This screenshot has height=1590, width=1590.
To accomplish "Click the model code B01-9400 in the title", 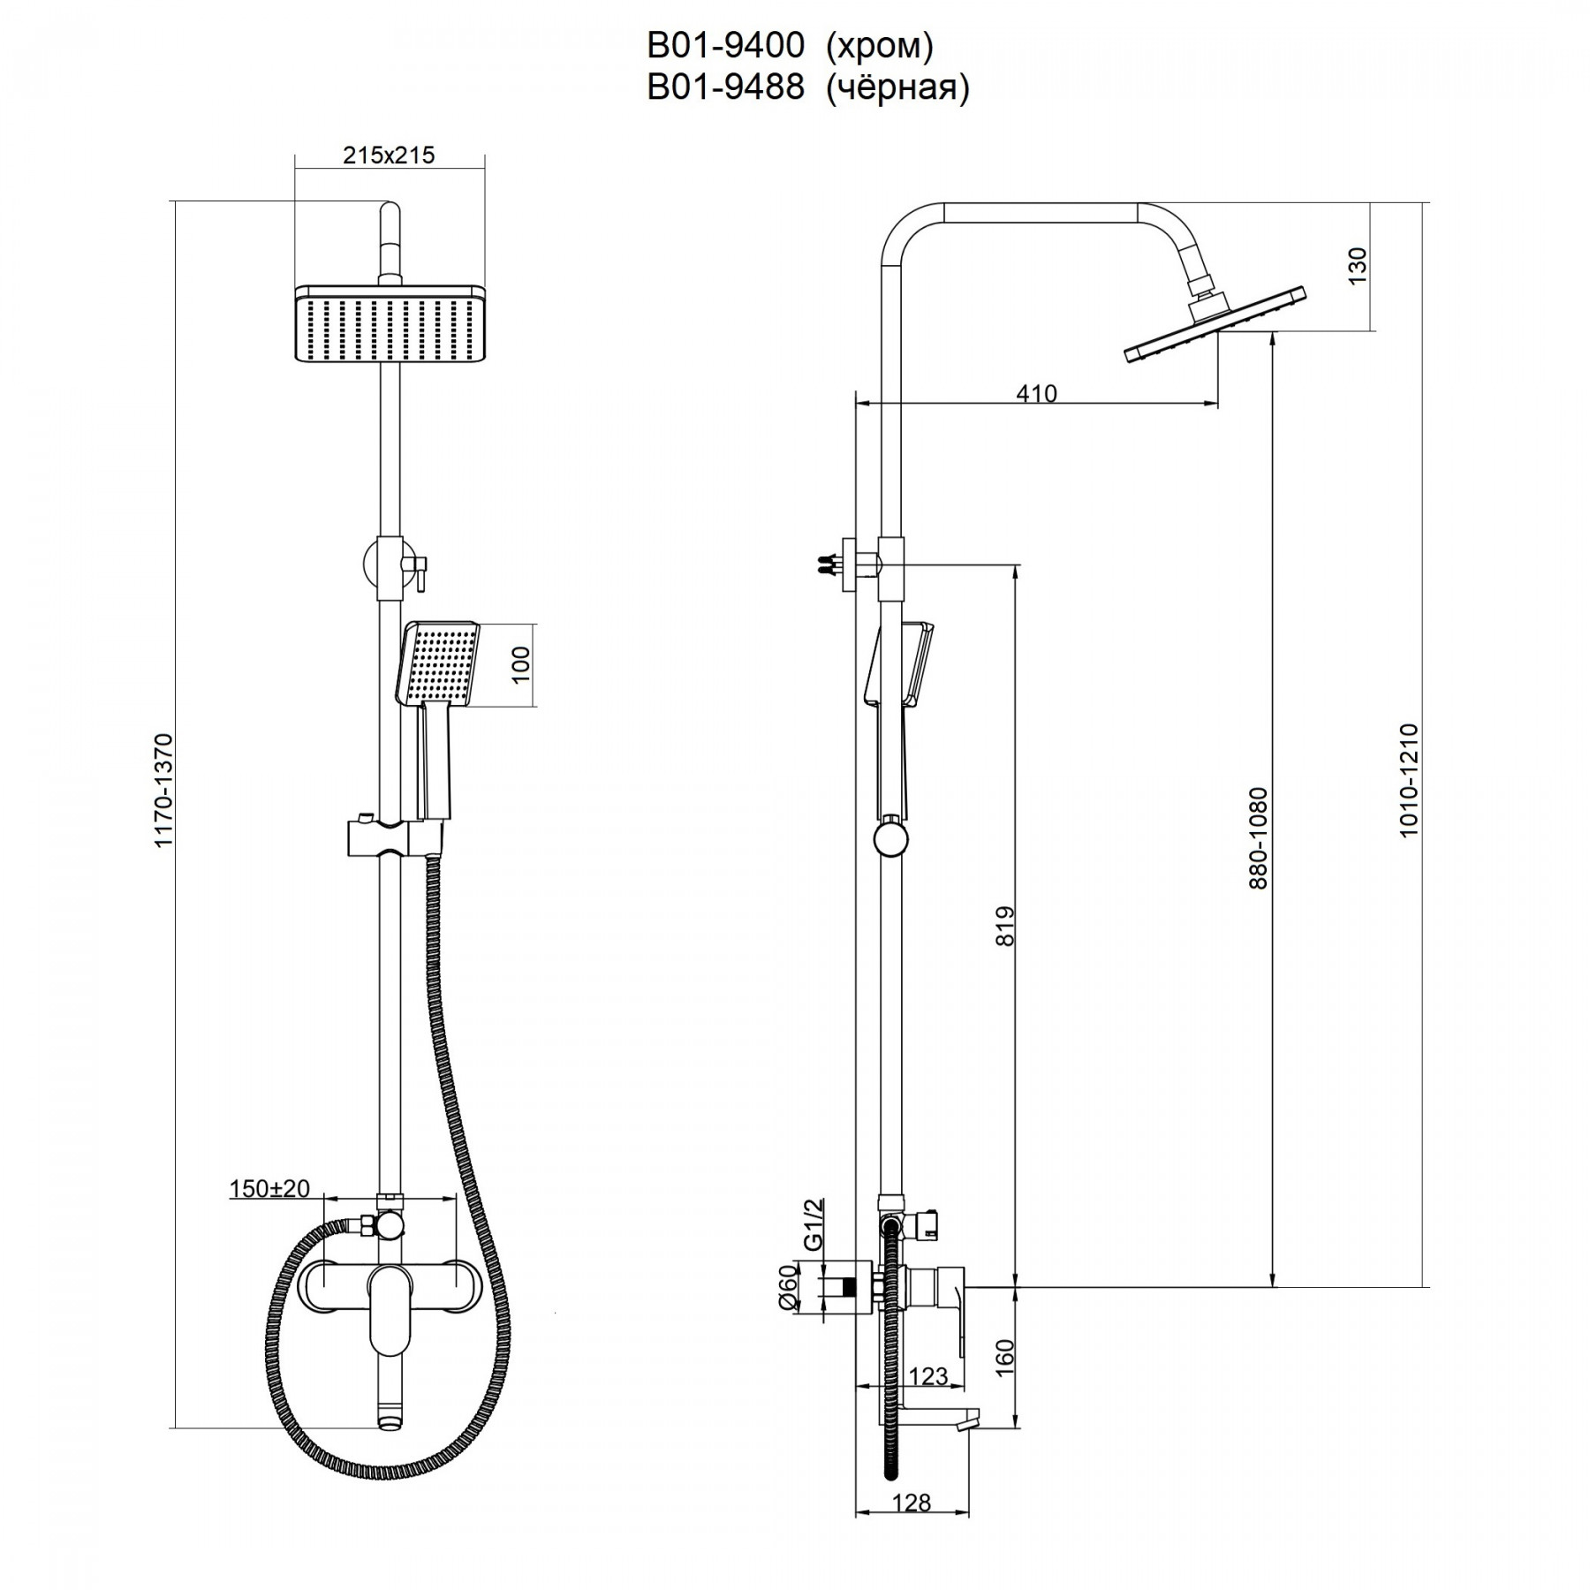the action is [x=725, y=45].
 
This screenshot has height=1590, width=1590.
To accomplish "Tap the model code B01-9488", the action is [x=725, y=87].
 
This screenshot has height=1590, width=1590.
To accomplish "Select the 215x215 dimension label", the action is [x=389, y=155].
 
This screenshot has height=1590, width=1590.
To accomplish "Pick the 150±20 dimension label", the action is [x=270, y=1189].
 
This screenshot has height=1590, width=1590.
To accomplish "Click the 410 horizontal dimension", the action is [x=1036, y=393].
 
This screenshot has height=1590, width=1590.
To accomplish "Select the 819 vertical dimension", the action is [x=1005, y=926].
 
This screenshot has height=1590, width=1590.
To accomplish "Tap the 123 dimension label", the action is [x=927, y=1376].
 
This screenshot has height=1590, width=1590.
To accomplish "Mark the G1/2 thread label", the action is [x=814, y=1223].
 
